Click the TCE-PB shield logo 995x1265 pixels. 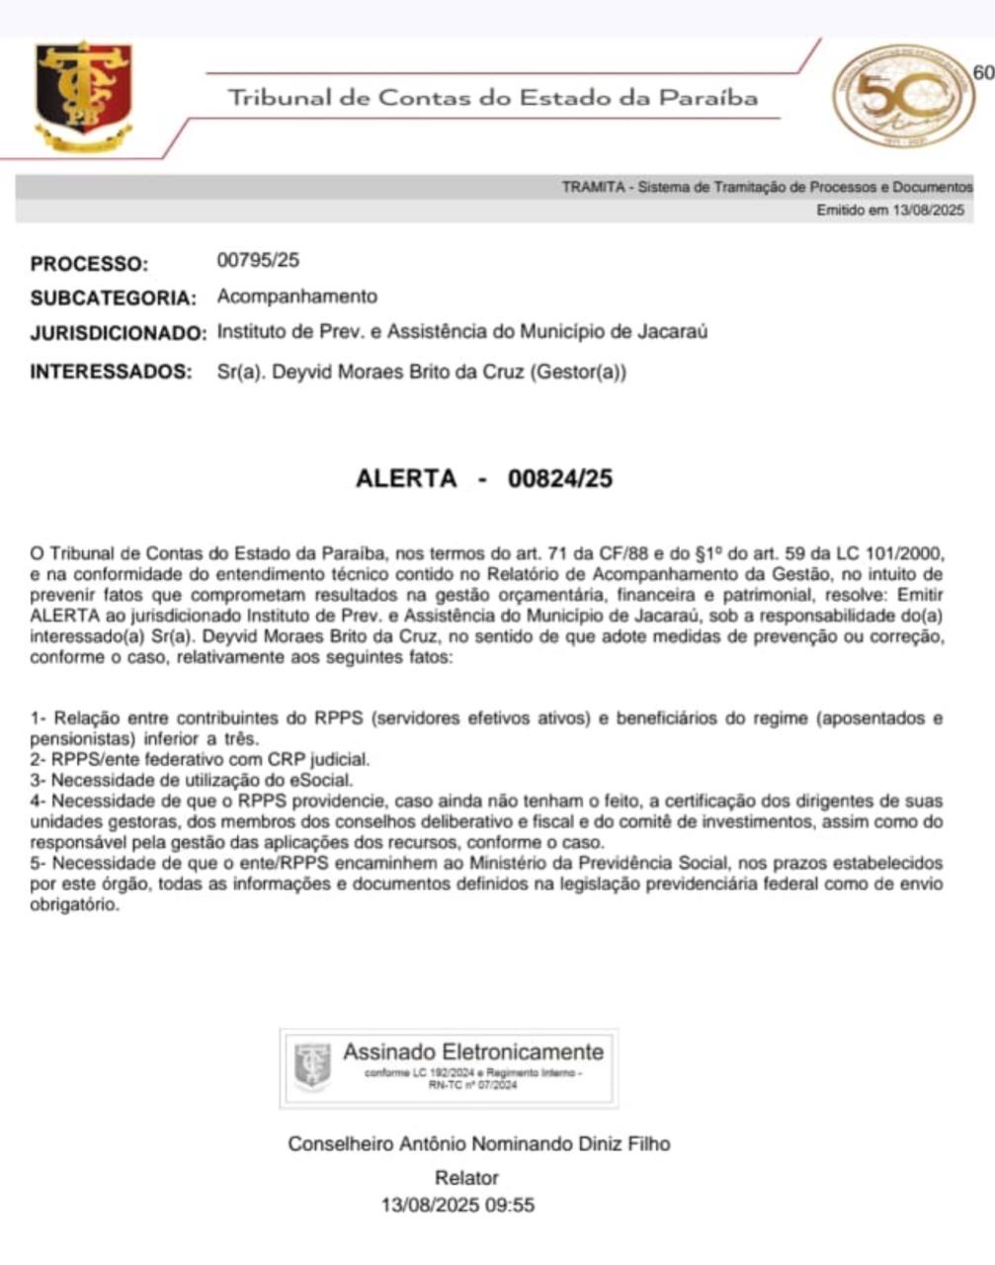click(83, 96)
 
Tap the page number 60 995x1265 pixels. click(982, 72)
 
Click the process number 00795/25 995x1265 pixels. click(257, 261)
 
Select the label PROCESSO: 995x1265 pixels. click(89, 264)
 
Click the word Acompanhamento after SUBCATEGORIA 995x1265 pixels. click(296, 295)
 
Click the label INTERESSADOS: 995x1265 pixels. click(111, 372)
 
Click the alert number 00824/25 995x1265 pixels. click(560, 478)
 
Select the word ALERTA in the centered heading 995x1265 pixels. click(406, 478)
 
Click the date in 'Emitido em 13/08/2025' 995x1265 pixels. click(927, 210)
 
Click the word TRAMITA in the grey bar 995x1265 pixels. click(593, 187)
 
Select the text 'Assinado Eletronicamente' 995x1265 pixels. click(473, 1052)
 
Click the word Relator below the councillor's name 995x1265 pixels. click(466, 1177)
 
